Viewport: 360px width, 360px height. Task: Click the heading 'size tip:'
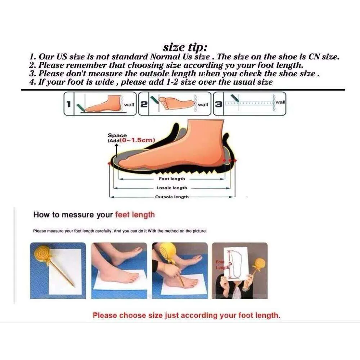point(185,48)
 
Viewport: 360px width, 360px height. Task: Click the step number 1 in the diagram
point(68,104)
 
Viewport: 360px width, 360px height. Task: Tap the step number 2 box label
point(144,104)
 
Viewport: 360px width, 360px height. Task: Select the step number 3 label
point(219,104)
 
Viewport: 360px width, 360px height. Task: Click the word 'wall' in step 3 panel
point(280,102)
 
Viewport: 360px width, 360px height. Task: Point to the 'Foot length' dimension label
point(172,179)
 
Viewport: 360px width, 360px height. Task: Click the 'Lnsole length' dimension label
point(172,188)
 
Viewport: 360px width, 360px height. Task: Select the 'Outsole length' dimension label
point(172,197)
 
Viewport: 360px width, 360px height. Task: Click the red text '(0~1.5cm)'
point(137,140)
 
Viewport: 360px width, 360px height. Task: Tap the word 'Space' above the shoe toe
point(117,135)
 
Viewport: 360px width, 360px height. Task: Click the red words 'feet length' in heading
point(135,215)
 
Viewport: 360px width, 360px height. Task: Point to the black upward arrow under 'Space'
point(117,150)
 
